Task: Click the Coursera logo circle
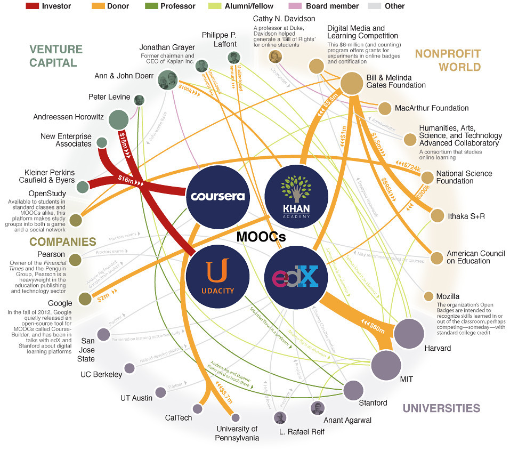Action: coord(217,196)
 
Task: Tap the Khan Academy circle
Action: coord(295,196)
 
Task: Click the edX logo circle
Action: coord(295,276)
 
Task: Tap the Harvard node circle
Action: coord(409,334)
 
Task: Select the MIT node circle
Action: coord(386,364)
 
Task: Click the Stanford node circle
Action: coord(353,390)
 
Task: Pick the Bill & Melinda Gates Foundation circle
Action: coord(352,84)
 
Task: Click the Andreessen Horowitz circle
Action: coord(118,119)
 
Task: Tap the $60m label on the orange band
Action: coord(373,327)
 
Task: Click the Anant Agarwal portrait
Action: coord(317,408)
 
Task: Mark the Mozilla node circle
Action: coord(428,296)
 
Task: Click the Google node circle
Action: coord(85,299)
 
